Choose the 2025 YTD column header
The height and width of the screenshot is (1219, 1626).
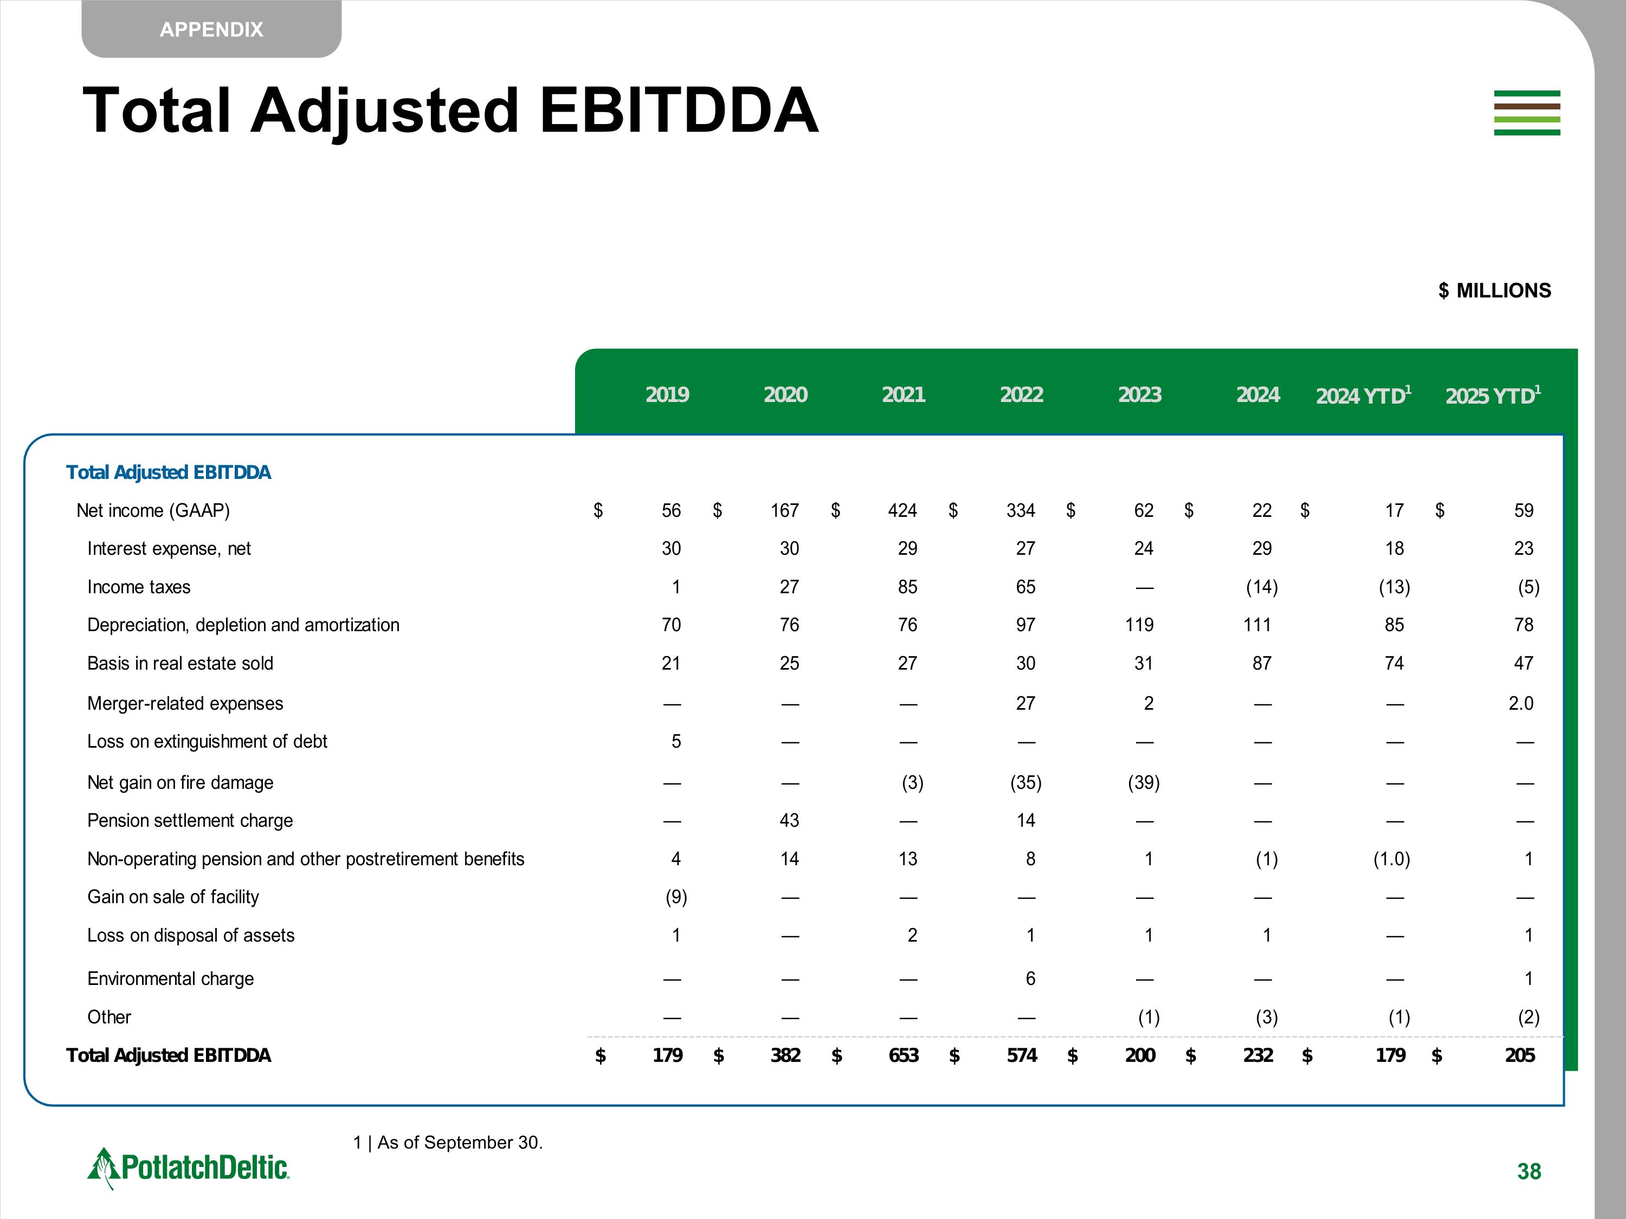pyautogui.click(x=1492, y=395)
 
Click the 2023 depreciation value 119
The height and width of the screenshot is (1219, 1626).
pyautogui.click(x=1139, y=625)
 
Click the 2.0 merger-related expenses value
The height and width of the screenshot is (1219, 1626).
pyautogui.click(x=1520, y=703)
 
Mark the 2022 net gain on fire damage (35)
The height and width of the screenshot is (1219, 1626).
pyautogui.click(x=1025, y=782)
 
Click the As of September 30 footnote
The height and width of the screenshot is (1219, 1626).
pyautogui.click(x=448, y=1142)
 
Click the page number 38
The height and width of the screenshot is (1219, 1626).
pyautogui.click(x=1528, y=1171)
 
